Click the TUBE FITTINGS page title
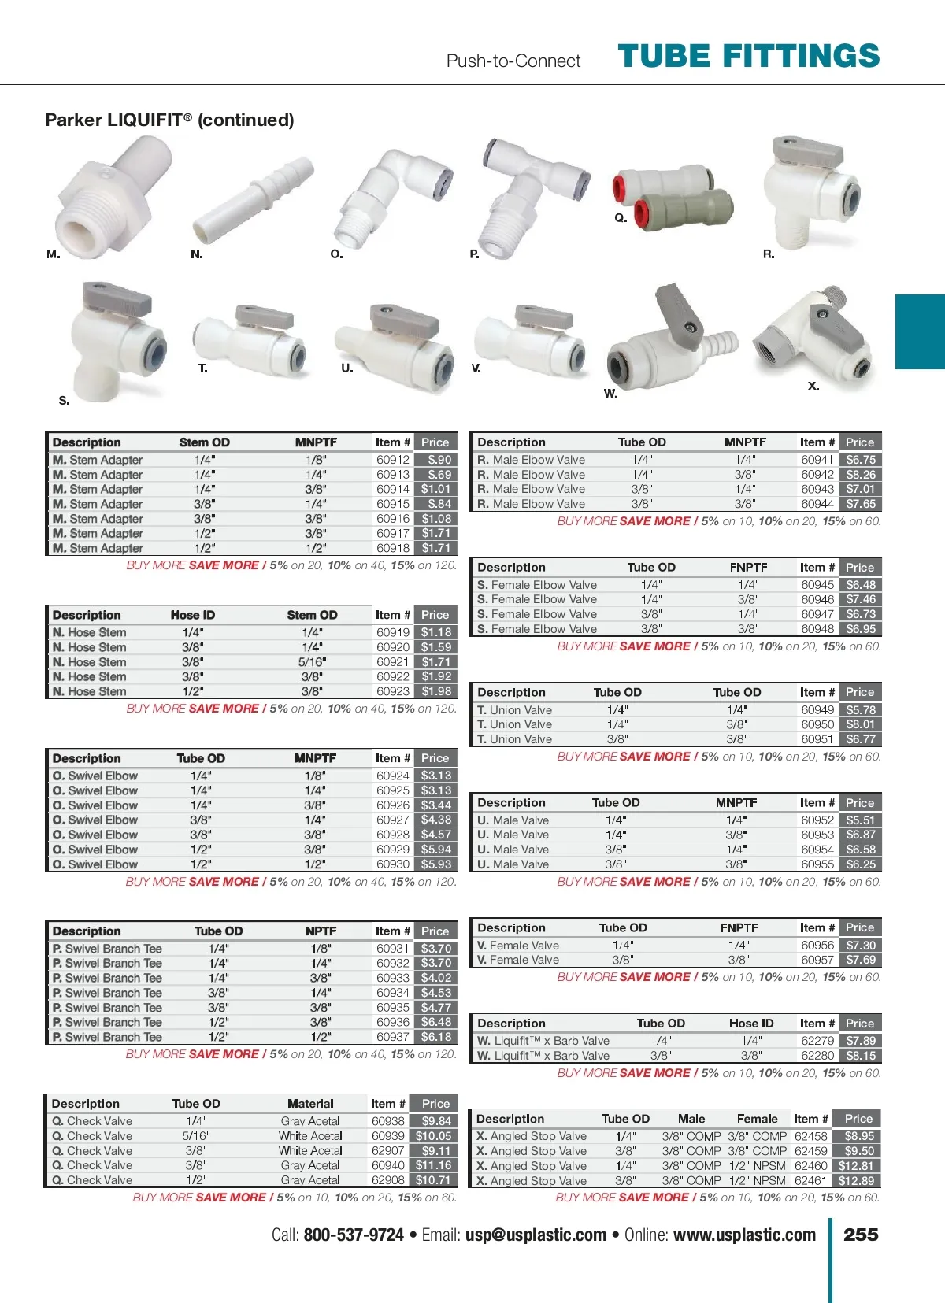(748, 57)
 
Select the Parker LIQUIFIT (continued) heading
(169, 120)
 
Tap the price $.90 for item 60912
(438, 460)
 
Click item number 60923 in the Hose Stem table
(392, 691)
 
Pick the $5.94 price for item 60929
(435, 850)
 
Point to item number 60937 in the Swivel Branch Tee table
(392, 1037)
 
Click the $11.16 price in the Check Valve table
(434, 1165)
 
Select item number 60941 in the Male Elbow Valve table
(817, 460)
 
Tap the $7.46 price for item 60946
(860, 599)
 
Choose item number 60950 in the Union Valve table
(817, 724)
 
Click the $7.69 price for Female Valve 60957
(860, 960)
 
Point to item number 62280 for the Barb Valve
(817, 1056)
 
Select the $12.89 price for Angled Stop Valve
(857, 1180)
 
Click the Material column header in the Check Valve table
(310, 1104)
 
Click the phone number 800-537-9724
(354, 1235)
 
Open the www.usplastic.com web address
(744, 1235)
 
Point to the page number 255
(861, 1235)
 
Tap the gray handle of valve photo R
(797, 147)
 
